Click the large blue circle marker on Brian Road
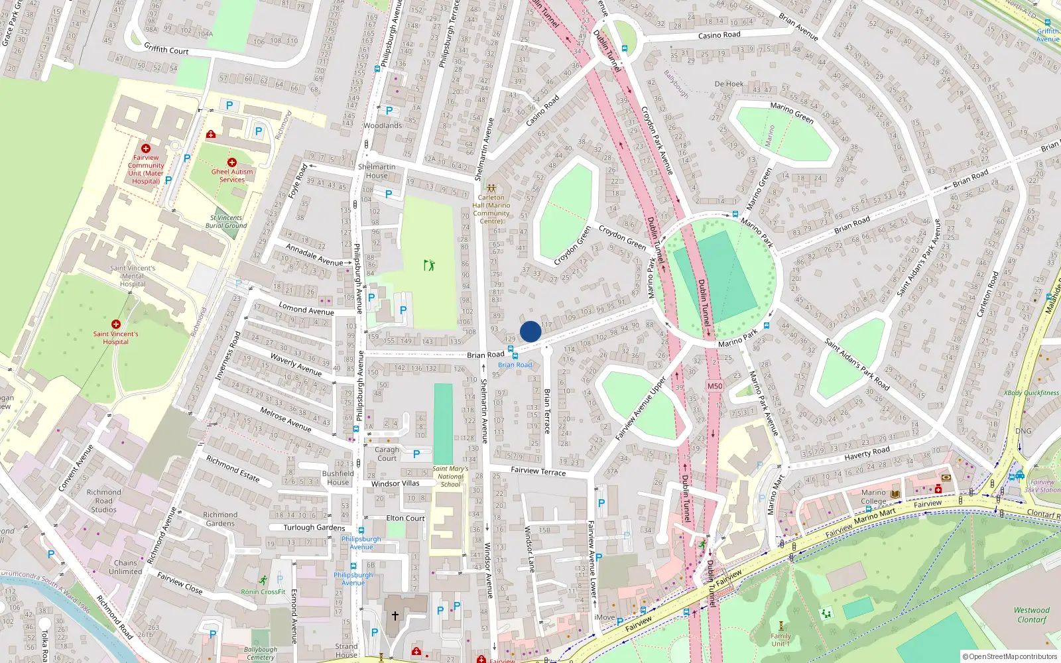coord(530,331)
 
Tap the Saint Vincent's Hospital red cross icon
coord(116,324)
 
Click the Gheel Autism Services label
coord(232,176)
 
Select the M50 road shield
coord(714,386)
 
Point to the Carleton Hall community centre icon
coord(491,188)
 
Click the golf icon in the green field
coord(429,265)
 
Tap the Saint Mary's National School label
coord(450,476)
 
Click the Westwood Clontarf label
coord(1032,615)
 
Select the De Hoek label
coord(729,84)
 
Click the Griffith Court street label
coord(166,49)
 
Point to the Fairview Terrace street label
coord(538,471)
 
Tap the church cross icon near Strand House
coord(395,616)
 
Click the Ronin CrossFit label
coord(263,591)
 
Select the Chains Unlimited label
coord(125,567)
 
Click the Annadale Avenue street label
coord(314,255)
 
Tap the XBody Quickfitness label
coord(1031,392)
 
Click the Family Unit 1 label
coord(780,640)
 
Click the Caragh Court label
coord(387,453)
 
